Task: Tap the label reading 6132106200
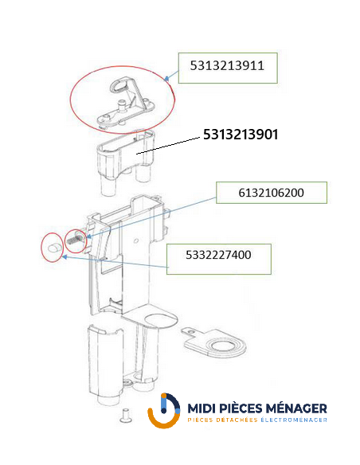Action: click(x=271, y=193)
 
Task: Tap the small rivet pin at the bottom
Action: click(x=125, y=415)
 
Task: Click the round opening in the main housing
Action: click(x=158, y=322)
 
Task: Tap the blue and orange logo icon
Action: click(x=163, y=410)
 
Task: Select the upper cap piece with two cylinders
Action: click(x=125, y=162)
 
